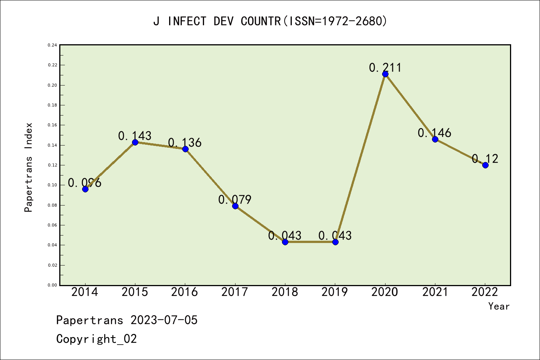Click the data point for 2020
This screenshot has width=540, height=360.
pos(385,74)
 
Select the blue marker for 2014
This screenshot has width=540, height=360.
pos(85,189)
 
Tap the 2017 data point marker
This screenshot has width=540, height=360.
pos(235,206)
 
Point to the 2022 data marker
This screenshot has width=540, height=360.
pos(485,165)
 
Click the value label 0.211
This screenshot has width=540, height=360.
pos(385,67)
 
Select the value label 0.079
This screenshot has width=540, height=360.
pos(235,199)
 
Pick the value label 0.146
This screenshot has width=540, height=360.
pos(434,133)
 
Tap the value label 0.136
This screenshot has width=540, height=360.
pos(184,142)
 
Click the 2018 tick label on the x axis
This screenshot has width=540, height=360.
pos(285,292)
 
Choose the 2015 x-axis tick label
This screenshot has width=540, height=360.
pos(135,292)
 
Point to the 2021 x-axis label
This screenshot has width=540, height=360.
pos(435,292)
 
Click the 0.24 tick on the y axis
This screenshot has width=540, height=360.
pos(52,45)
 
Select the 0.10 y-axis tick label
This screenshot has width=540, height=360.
pos(52,185)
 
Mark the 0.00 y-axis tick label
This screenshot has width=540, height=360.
pos(52,285)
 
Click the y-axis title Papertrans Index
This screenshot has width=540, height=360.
pos(28,167)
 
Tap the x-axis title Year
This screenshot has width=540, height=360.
pos(499,306)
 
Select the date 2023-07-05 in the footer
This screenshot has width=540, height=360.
pos(164,320)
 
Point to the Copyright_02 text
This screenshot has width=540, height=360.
pos(96,339)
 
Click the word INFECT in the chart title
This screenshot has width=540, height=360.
pos(187,21)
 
